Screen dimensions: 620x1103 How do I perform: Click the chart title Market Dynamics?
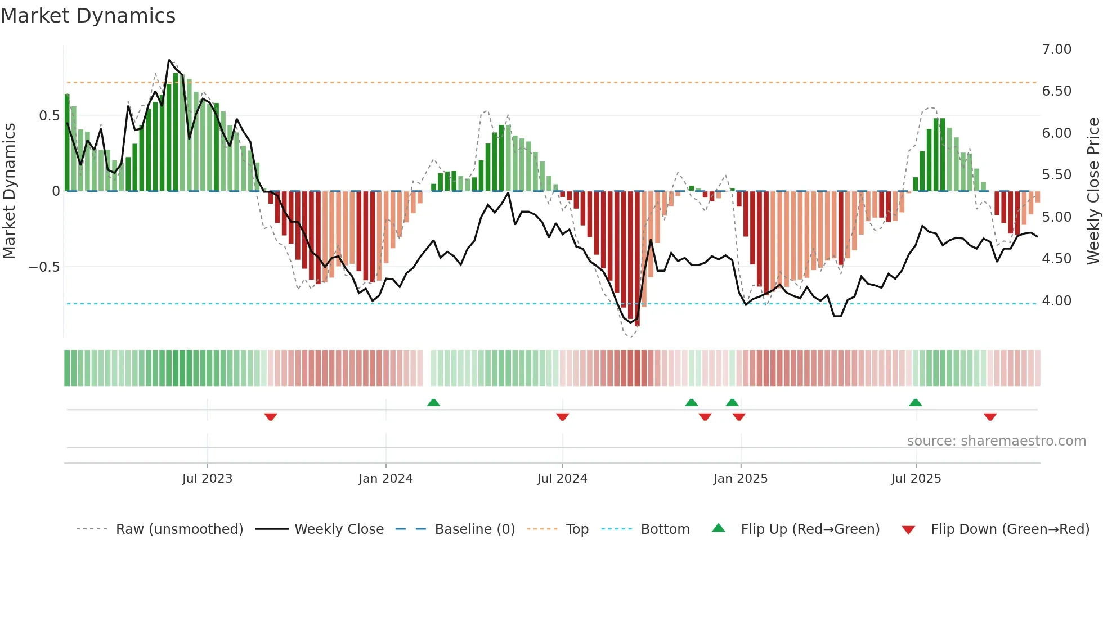[x=88, y=16]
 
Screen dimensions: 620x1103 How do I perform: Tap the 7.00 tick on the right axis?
[x=1056, y=50]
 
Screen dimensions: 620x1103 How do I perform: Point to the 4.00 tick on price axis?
[x=1056, y=301]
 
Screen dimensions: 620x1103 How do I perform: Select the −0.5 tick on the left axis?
[x=44, y=267]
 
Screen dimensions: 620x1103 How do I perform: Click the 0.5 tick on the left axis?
[x=49, y=116]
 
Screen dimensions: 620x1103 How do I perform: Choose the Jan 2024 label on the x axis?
[x=385, y=479]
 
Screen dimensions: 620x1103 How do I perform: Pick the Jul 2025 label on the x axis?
[x=916, y=479]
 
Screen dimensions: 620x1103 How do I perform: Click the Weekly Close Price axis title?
[x=1093, y=191]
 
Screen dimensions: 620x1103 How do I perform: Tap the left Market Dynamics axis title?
[x=9, y=191]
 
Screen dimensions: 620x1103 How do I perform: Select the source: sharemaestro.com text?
[x=996, y=441]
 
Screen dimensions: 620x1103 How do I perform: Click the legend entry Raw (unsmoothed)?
[x=179, y=529]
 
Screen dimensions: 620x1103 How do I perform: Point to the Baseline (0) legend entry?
[x=474, y=529]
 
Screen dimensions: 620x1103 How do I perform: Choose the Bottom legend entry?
[x=665, y=529]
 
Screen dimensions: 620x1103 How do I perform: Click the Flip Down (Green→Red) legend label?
[x=1010, y=529]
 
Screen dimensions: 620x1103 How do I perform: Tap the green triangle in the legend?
[x=719, y=528]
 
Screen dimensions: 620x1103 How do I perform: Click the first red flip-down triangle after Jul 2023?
[x=271, y=417]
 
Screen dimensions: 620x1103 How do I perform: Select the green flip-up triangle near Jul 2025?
[x=915, y=402]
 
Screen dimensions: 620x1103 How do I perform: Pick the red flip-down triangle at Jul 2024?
[x=562, y=417]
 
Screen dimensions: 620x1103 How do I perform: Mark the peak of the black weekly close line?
[x=169, y=60]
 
